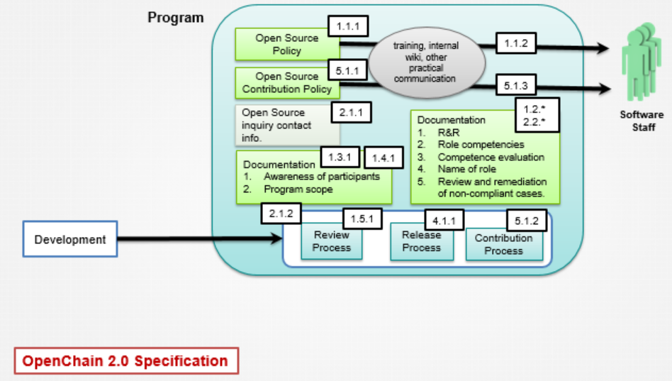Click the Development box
(x=70, y=239)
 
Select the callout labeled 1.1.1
(x=348, y=26)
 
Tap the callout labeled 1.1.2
(x=516, y=43)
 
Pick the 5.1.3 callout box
(x=515, y=85)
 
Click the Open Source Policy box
(x=286, y=44)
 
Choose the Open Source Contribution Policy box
(x=286, y=83)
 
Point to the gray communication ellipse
(x=427, y=62)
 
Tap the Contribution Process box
(x=504, y=245)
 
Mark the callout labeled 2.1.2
(x=281, y=214)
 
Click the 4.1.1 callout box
(x=444, y=221)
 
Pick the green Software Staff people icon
(x=641, y=62)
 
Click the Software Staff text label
(x=642, y=121)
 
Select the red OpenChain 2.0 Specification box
(x=126, y=361)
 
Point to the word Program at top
(x=176, y=18)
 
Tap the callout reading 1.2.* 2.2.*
(x=537, y=115)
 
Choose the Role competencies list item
(x=481, y=145)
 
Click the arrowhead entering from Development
(x=276, y=238)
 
